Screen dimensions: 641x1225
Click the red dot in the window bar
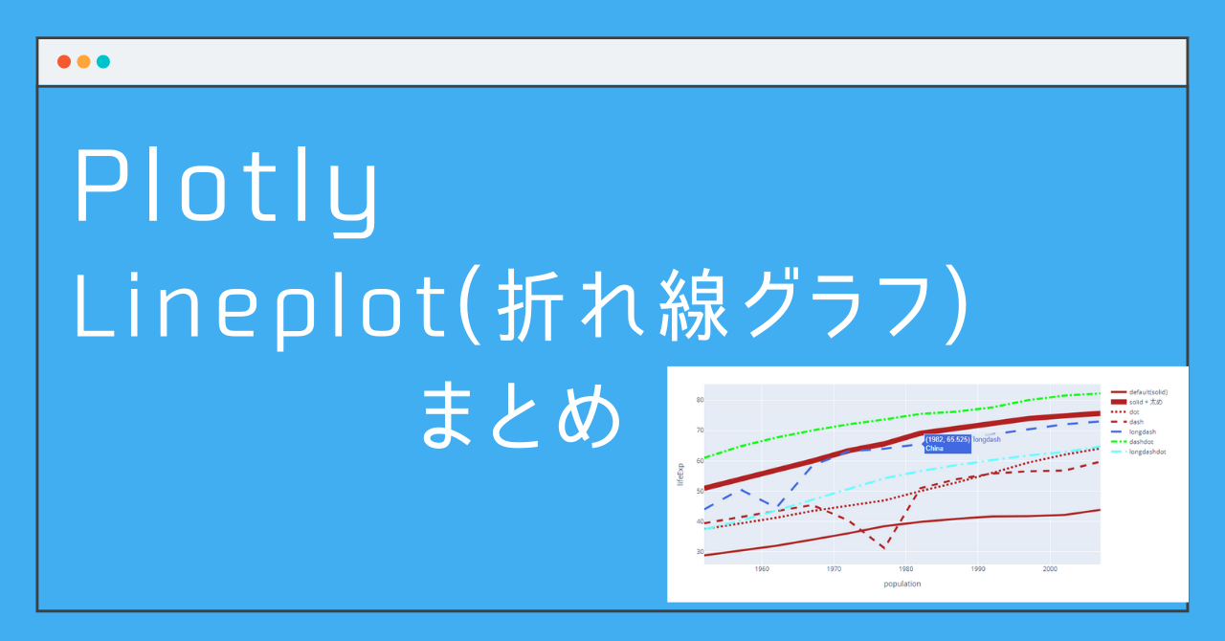point(64,62)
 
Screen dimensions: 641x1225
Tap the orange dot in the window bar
point(83,62)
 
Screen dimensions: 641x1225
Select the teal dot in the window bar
point(103,62)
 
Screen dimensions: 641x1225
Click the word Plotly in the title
point(227,190)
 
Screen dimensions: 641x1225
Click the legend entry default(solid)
point(1147,392)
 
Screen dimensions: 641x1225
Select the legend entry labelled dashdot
point(1141,442)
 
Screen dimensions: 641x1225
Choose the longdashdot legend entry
point(1147,452)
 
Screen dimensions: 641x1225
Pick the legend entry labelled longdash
point(1142,431)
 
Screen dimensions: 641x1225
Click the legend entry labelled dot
point(1134,411)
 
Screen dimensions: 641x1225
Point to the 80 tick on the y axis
point(700,400)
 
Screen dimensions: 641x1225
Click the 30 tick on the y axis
point(700,552)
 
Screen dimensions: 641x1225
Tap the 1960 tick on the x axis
point(762,569)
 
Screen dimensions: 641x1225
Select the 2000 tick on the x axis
point(1049,569)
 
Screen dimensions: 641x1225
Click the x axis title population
point(902,584)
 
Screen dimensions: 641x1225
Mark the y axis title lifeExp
point(680,475)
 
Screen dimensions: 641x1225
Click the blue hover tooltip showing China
point(947,443)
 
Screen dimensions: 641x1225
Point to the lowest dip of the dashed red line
point(883,548)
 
